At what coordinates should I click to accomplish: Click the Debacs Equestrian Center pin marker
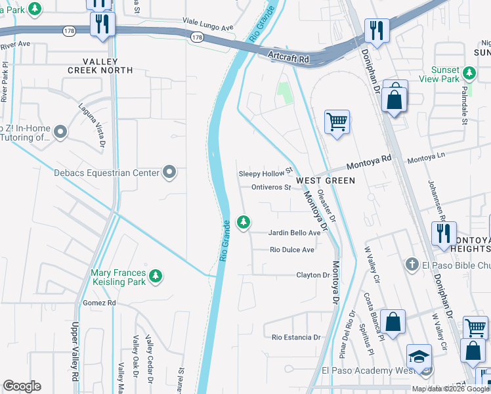pyautogui.click(x=169, y=173)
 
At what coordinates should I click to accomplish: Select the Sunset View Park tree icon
pyautogui.click(x=469, y=72)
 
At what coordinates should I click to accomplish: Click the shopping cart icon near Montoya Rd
pyautogui.click(x=337, y=121)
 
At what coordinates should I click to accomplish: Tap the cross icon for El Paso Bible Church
pyautogui.click(x=412, y=265)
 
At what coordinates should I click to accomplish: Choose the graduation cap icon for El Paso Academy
pyautogui.click(x=419, y=357)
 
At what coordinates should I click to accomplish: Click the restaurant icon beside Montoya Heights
pyautogui.click(x=444, y=234)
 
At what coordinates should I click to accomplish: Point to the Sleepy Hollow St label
pyautogui.click(x=265, y=173)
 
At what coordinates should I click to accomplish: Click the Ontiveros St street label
pyautogui.click(x=270, y=188)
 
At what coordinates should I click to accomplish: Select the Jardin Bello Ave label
pyautogui.click(x=294, y=233)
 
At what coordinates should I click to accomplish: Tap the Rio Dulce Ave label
pyautogui.click(x=293, y=250)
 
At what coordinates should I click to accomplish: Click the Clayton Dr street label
pyautogui.click(x=312, y=275)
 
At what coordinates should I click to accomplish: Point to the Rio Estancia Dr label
pyautogui.click(x=295, y=338)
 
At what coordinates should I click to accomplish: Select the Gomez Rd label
pyautogui.click(x=99, y=303)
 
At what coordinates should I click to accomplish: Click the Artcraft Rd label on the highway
pyautogui.click(x=289, y=59)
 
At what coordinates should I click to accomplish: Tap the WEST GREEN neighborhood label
pyautogui.click(x=325, y=180)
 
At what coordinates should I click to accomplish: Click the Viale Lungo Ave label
pyautogui.click(x=208, y=28)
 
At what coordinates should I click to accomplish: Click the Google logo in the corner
pyautogui.click(x=22, y=386)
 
